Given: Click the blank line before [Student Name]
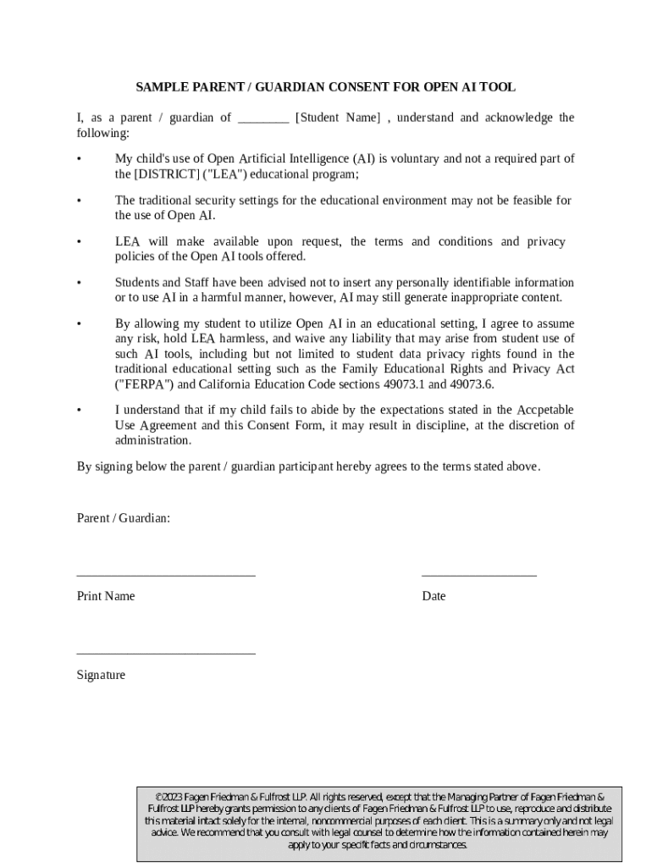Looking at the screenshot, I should point(263,119).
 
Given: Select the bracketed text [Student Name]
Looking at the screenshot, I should point(337,118).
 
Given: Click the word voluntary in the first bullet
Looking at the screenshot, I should point(414,158).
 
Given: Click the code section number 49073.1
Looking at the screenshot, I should point(416,384).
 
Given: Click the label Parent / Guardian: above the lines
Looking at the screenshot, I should point(124,517).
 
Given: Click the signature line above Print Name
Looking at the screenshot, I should point(166,575).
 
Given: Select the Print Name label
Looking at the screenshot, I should point(106,596).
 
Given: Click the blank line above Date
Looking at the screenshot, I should point(478,575).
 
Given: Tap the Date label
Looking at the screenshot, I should point(434,596).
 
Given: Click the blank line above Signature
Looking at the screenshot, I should point(166,654).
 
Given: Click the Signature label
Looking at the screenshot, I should point(101,675).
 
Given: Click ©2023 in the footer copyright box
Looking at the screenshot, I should point(169,798).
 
